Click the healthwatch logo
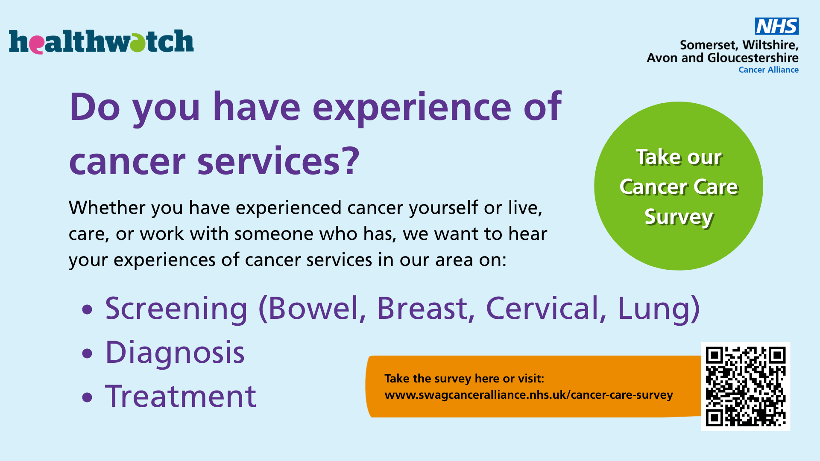pos(101,41)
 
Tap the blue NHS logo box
pos(777,26)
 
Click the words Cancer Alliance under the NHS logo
pos(768,70)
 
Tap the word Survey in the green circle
pos(679,217)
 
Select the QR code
pos(746,386)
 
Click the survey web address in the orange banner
pos(529,395)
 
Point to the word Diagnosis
pos(175,353)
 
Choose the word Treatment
pos(181,396)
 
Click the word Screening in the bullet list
pos(176,309)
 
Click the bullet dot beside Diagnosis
pos(87,353)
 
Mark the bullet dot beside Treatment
pos(87,397)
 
